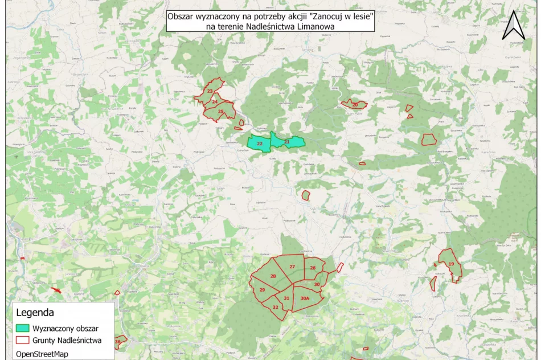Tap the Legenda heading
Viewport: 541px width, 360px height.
click(x=35, y=313)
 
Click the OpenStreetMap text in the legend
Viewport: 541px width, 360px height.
click(x=44, y=354)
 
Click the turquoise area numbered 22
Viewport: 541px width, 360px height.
click(x=259, y=144)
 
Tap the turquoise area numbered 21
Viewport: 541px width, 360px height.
click(x=286, y=141)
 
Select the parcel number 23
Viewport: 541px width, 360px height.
click(x=210, y=91)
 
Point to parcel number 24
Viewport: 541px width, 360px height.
click(x=214, y=102)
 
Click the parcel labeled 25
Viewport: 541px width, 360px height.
click(x=220, y=112)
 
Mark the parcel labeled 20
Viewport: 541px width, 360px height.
click(x=355, y=105)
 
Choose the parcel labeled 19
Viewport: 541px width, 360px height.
click(x=451, y=264)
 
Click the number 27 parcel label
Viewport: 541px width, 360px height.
click(x=292, y=267)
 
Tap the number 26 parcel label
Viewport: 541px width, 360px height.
click(x=313, y=268)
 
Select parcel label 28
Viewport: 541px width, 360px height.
click(x=273, y=276)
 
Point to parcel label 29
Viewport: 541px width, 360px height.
click(x=262, y=290)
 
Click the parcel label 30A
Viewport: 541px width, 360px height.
click(x=305, y=298)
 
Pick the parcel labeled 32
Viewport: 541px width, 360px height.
click(x=275, y=307)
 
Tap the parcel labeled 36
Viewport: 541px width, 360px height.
click(x=118, y=342)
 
